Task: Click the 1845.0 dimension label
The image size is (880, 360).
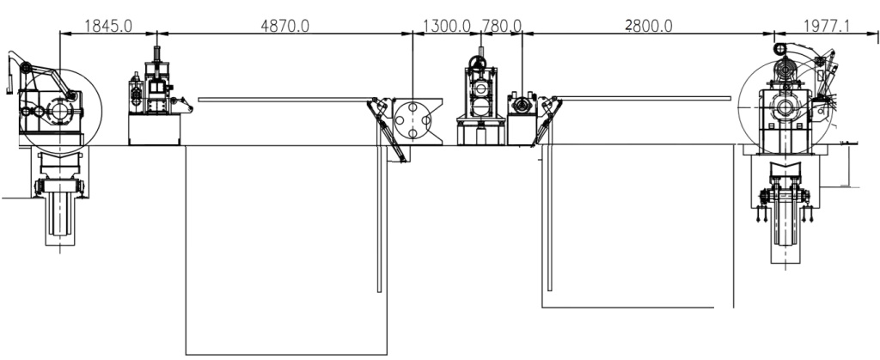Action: click(107, 26)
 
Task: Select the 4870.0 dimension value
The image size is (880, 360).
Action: click(284, 26)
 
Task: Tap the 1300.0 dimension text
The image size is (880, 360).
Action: click(446, 26)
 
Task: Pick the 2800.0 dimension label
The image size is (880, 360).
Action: click(649, 26)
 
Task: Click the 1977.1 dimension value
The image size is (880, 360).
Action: click(827, 26)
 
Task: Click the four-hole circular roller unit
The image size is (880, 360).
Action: click(412, 119)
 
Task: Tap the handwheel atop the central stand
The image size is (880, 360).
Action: click(478, 62)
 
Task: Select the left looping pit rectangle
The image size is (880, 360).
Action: click(286, 354)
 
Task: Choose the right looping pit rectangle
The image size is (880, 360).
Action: click(638, 308)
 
